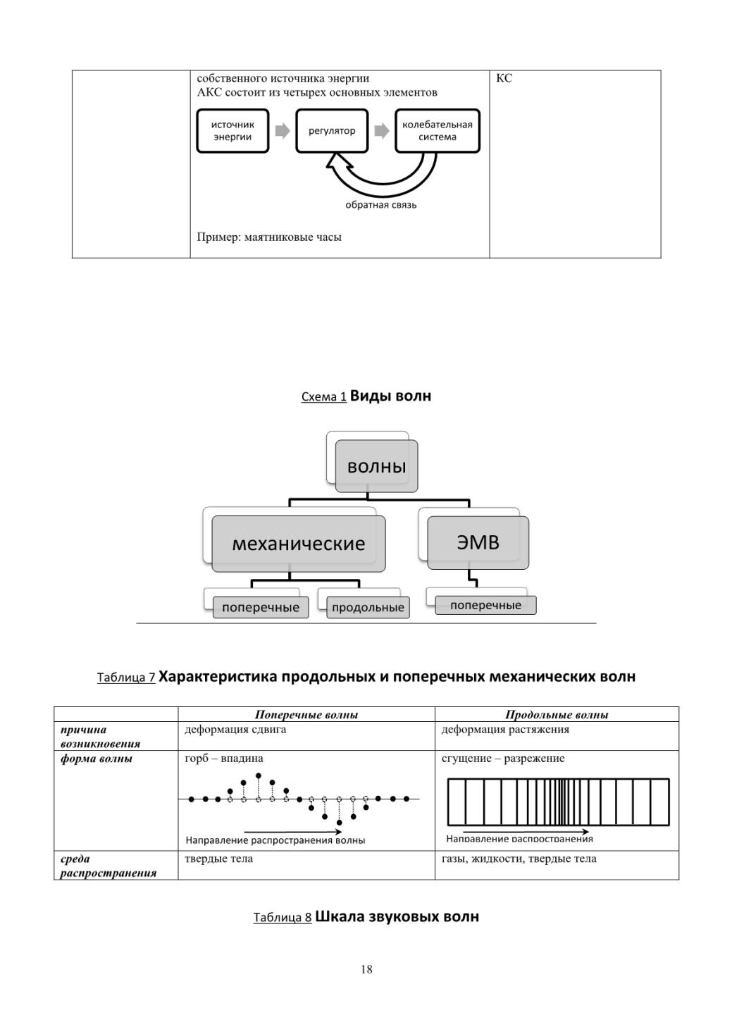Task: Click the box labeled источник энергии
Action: (x=232, y=131)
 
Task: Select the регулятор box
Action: (x=332, y=131)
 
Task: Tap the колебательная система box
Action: (x=438, y=131)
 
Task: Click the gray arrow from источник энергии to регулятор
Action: (x=283, y=131)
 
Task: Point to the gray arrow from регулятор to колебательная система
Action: (x=382, y=131)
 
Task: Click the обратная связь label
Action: (x=381, y=205)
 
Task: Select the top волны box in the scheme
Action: (x=376, y=466)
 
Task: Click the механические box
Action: (x=299, y=544)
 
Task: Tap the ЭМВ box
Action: (x=478, y=542)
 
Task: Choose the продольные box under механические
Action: (x=368, y=607)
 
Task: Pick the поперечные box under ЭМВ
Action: (x=486, y=605)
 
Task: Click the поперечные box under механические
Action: (x=261, y=607)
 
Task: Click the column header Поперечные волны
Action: (x=306, y=715)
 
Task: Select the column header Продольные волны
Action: (x=557, y=715)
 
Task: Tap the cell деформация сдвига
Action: (x=235, y=730)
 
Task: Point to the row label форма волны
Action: (x=97, y=759)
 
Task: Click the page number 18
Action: (x=366, y=969)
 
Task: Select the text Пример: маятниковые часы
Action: (x=269, y=237)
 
